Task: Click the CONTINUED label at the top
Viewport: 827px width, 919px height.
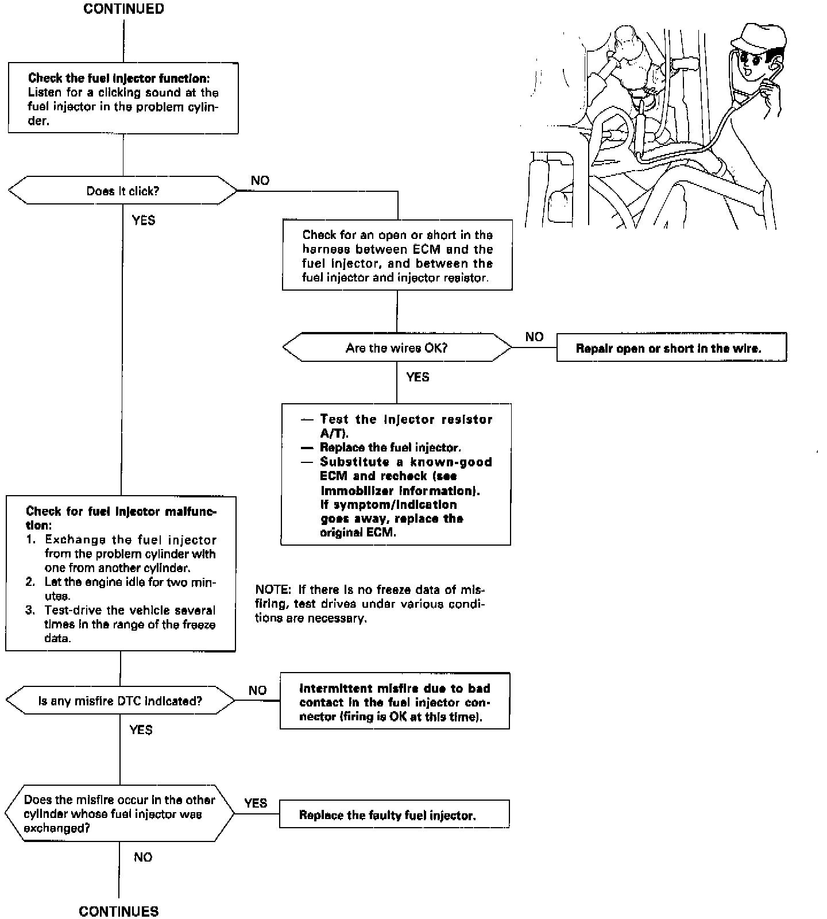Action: [123, 9]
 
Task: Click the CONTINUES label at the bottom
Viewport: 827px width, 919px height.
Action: [119, 911]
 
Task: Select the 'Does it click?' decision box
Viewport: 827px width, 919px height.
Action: [123, 191]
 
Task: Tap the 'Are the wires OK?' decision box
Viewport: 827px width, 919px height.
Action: [397, 347]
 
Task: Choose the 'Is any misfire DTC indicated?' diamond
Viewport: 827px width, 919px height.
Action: [120, 701]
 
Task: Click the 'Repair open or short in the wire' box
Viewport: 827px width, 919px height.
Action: [671, 348]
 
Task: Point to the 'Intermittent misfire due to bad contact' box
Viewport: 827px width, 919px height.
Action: [395, 702]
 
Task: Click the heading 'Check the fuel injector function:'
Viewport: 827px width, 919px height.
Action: [119, 78]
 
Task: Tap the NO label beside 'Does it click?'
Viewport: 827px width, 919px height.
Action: [260, 180]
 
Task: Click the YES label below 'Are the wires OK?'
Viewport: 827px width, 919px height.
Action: [418, 377]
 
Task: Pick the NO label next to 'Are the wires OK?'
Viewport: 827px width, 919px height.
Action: [534, 337]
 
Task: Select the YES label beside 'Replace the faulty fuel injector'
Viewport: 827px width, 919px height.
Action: [256, 803]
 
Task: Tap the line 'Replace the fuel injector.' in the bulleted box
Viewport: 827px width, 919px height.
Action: [391, 447]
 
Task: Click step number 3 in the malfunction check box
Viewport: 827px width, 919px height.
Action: [30, 610]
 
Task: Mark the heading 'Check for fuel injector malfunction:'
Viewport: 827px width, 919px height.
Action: [121, 518]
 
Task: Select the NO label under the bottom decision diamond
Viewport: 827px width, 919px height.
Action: [143, 857]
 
